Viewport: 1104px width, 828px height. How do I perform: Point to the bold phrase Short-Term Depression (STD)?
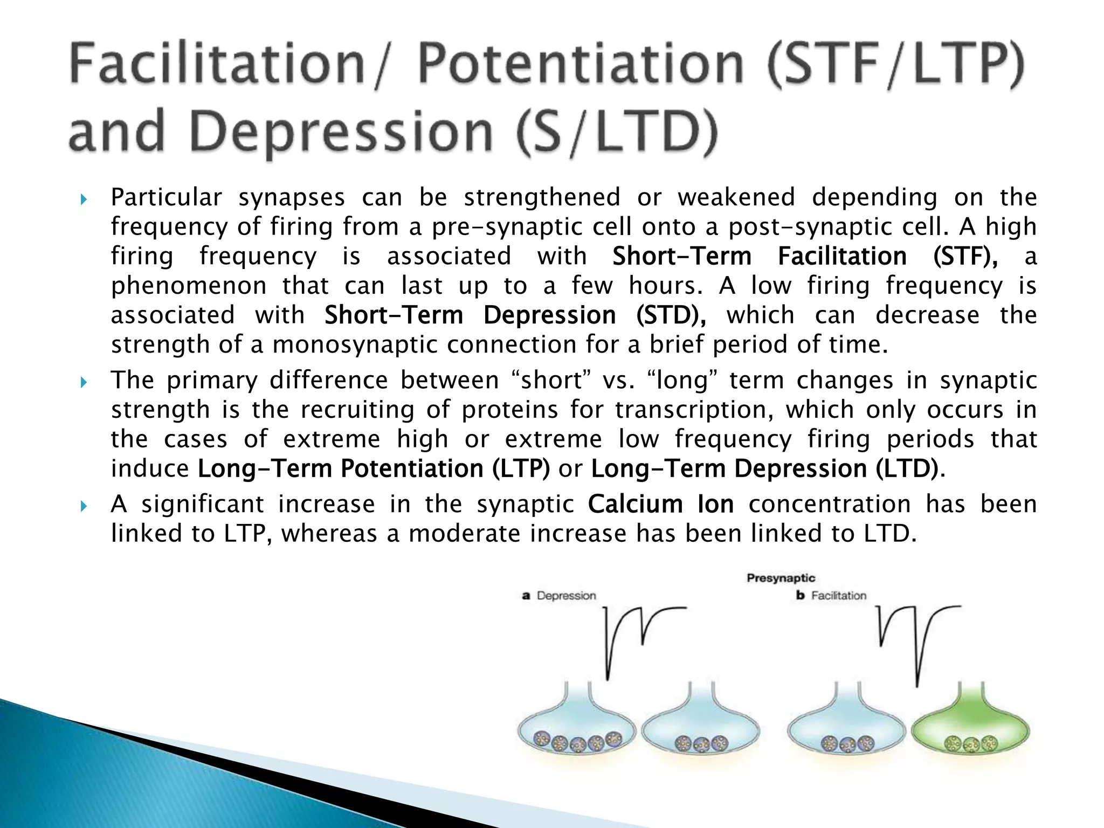click(x=515, y=315)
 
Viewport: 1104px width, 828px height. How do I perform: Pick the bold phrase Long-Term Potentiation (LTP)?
click(x=374, y=468)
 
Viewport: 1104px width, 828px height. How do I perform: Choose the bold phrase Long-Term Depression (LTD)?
click(x=765, y=468)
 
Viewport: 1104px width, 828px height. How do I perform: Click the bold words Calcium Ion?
click(x=661, y=505)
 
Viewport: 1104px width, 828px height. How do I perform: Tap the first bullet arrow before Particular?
click(x=83, y=200)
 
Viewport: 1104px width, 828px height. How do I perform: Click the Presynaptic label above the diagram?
click(x=781, y=578)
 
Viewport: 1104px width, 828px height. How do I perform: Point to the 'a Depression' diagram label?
click(x=560, y=596)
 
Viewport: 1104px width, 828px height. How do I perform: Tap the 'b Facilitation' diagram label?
click(x=831, y=596)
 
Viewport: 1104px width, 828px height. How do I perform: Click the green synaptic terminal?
click(x=970, y=728)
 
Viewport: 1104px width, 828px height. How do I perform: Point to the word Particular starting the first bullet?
click(x=166, y=198)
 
